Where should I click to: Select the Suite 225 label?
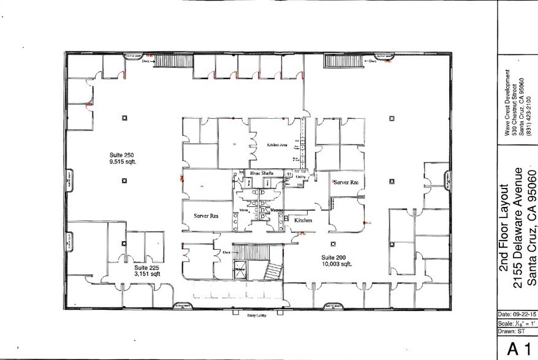[147, 268]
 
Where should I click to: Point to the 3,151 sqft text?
[147, 275]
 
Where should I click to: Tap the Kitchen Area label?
[277, 145]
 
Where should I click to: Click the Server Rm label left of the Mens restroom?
[206, 216]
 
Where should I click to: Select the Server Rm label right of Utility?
[346, 182]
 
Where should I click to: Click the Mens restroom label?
[243, 209]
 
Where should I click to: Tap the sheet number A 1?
[517, 349]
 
